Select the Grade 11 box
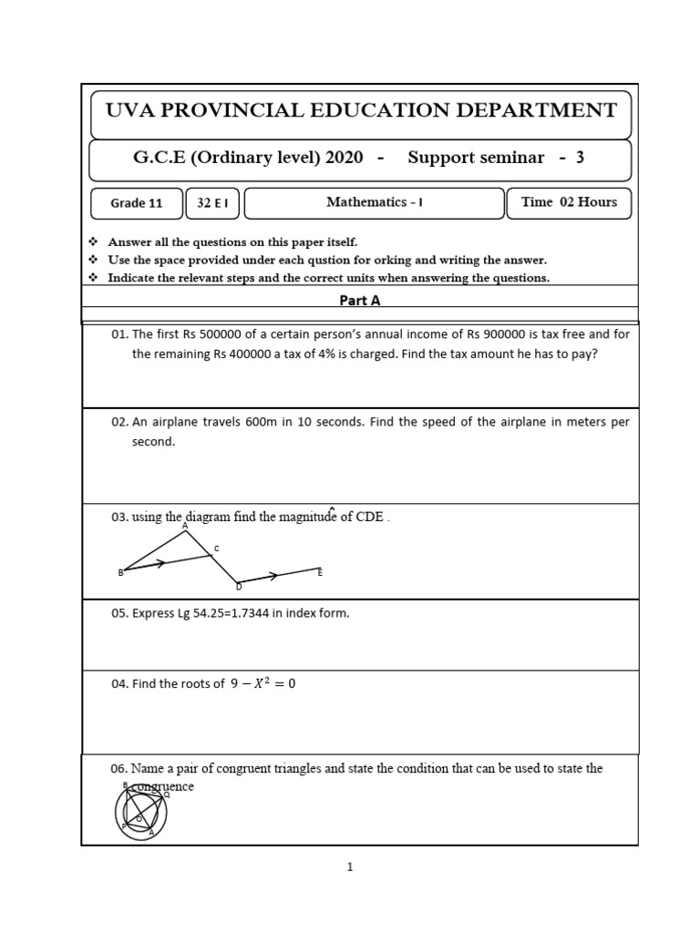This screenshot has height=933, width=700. (136, 203)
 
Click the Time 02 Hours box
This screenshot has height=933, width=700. (569, 202)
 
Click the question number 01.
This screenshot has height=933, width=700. (119, 334)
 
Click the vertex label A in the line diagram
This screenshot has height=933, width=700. (185, 526)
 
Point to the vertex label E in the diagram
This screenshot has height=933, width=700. (320, 572)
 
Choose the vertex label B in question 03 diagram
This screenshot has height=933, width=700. (120, 572)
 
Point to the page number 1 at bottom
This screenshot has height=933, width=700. (349, 867)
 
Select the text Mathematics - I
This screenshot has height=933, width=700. (374, 202)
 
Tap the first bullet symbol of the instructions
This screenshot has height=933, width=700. (93, 242)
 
